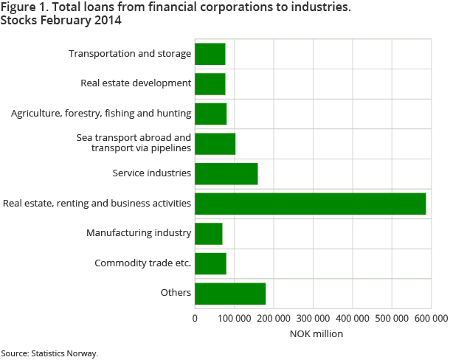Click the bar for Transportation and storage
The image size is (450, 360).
(210, 54)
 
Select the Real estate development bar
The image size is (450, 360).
(210, 83)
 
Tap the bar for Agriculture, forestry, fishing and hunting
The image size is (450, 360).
(210, 114)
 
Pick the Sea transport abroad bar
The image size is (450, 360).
(215, 143)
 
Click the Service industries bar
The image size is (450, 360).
(226, 173)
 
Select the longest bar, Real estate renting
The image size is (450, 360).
(310, 204)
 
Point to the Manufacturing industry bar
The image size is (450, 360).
(208, 233)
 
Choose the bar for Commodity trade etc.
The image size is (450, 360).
(210, 263)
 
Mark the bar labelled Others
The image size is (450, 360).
(229, 293)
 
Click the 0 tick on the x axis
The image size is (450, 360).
(195, 319)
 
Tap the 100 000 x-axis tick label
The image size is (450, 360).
(234, 319)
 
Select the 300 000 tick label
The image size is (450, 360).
(313, 319)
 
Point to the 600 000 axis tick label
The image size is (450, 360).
(431, 319)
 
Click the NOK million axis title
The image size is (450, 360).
(313, 334)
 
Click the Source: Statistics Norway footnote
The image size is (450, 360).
(49, 353)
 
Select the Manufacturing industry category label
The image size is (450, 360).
(139, 233)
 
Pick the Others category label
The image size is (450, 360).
(176, 293)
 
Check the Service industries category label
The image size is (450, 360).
(152, 173)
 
